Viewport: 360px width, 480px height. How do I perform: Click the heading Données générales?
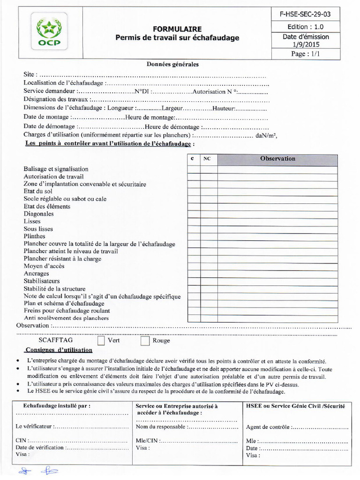click(172, 64)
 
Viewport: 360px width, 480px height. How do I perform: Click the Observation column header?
click(277, 159)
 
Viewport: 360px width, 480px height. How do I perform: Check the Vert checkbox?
click(101, 340)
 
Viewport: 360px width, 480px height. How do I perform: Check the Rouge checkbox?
click(145, 340)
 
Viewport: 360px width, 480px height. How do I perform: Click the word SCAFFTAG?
click(56, 340)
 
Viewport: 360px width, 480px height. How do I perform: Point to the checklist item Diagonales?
click(38, 214)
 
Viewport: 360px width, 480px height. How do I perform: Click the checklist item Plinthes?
click(34, 236)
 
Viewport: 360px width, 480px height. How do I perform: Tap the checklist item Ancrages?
click(36, 274)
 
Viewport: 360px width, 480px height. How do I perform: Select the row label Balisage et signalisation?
click(56, 169)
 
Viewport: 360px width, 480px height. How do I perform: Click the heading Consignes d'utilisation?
click(59, 350)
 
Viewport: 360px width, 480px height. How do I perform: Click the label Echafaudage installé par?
click(57, 406)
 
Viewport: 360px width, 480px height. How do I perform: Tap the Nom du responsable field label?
click(161, 427)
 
